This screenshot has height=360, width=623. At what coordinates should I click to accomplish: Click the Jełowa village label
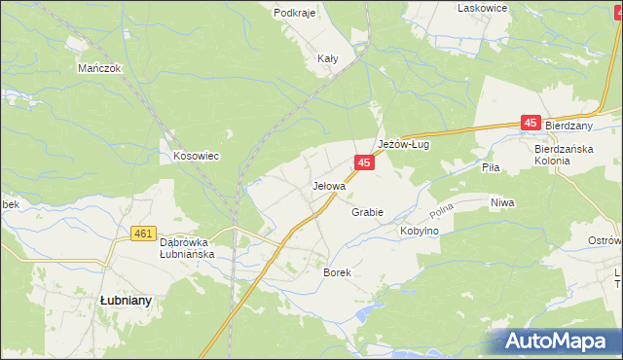pos(329,185)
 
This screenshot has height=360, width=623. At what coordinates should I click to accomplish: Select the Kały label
pos(328,58)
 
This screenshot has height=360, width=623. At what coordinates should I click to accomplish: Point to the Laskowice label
pos(484,7)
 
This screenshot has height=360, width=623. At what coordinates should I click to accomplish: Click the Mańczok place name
pos(98,69)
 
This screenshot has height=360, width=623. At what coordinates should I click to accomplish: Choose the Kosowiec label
pos(195,156)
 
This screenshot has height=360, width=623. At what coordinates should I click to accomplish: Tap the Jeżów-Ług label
pos(404,143)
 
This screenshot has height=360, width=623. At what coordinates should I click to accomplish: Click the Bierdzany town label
pos(569,126)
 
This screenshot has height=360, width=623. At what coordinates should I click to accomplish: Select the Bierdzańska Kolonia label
pos(564,154)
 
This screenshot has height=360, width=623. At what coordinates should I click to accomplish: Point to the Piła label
pos(491,167)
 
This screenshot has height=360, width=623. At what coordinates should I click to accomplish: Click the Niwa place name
pos(502,202)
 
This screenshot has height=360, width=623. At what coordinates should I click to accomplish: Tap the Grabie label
pos(367,212)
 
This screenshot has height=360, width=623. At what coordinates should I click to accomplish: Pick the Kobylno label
pos(421,232)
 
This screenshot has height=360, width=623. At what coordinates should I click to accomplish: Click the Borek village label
pos(336,273)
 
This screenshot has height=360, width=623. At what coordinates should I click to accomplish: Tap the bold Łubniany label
pos(126,301)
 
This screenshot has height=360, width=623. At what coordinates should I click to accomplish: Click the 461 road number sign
pos(144,234)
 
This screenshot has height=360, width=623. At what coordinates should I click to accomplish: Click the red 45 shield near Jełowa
pos(363,164)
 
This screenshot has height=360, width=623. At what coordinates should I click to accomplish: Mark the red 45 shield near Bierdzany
pos(531,123)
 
